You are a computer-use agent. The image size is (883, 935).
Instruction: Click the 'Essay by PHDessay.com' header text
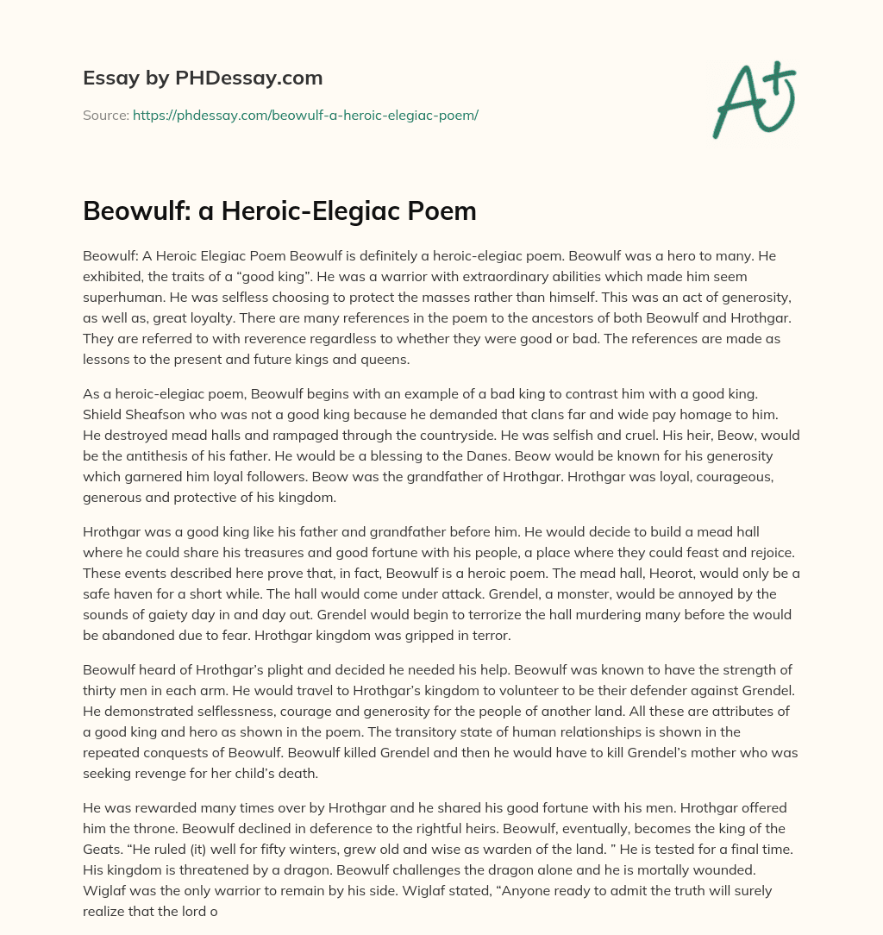[x=203, y=78]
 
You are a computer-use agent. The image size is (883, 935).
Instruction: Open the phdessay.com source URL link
[x=305, y=115]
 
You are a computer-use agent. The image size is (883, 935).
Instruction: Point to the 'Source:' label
[x=105, y=115]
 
